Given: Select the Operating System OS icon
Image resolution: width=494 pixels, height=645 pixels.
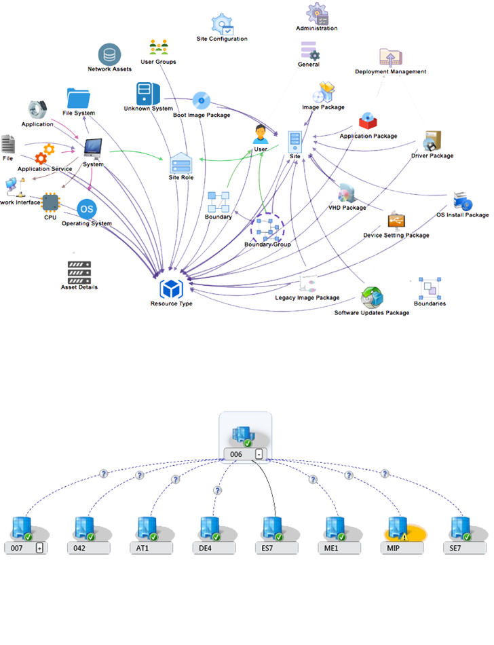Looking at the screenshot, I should click(86, 208).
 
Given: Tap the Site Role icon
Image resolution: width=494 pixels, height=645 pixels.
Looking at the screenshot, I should click(180, 164).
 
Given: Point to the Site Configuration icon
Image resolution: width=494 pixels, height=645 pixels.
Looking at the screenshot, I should click(223, 26).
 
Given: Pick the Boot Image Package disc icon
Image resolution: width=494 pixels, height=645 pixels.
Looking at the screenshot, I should click(201, 101).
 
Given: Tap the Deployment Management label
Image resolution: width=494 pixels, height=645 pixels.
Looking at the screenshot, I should click(390, 71).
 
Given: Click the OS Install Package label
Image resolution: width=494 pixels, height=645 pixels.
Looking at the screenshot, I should click(462, 215).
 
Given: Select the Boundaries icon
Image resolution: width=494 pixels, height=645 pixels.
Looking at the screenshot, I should click(430, 289).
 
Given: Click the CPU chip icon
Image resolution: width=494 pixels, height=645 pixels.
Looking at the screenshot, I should click(50, 202).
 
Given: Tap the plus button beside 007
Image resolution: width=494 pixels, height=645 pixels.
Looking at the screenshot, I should click(39, 548).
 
